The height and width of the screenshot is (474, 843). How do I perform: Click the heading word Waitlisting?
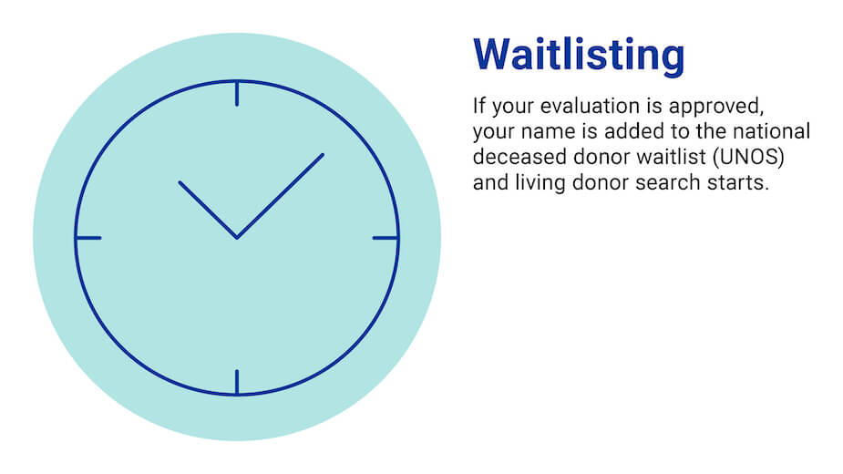pyautogui.click(x=579, y=55)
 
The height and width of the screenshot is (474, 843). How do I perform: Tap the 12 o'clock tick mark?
pyautogui.click(x=237, y=94)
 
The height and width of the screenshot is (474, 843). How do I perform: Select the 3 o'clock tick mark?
pyautogui.click(x=386, y=238)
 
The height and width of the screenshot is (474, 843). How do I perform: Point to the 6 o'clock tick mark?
pyautogui.click(x=237, y=382)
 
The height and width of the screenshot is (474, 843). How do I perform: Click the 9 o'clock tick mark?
pyautogui.click(x=88, y=238)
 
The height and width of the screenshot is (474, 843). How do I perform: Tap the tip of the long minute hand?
pyautogui.click(x=322, y=155)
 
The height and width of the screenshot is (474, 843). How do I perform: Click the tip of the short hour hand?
pyautogui.click(x=180, y=182)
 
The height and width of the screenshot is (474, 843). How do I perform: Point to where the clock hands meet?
pyautogui.click(x=237, y=237)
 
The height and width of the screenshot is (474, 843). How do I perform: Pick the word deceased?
pyautogui.click(x=513, y=156)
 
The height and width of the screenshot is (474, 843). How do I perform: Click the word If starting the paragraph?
pyautogui.click(x=478, y=104)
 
